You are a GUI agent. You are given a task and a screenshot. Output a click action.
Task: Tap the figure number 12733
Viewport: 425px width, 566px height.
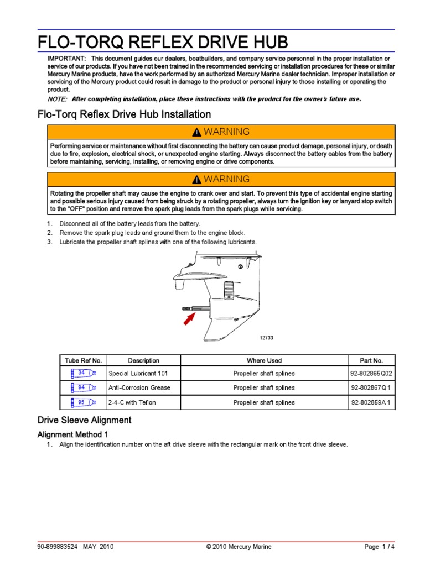pyautogui.click(x=267, y=338)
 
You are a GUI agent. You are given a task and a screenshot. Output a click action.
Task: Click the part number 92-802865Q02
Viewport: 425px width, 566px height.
pyautogui.click(x=371, y=373)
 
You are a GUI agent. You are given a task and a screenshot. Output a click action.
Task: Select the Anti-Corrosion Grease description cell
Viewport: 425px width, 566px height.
pyautogui.click(x=139, y=388)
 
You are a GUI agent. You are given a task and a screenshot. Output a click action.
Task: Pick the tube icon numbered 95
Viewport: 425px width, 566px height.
pyautogui.click(x=84, y=402)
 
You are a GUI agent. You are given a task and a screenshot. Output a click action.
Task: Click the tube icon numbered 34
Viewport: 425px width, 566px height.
pyautogui.click(x=84, y=373)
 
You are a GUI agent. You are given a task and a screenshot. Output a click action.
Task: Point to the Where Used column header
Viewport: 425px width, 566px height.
pyautogui.click(x=264, y=360)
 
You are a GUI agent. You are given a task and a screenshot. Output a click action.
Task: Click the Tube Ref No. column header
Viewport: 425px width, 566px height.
pyautogui.click(x=83, y=360)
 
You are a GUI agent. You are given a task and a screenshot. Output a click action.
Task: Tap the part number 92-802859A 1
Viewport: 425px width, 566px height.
pyautogui.click(x=371, y=403)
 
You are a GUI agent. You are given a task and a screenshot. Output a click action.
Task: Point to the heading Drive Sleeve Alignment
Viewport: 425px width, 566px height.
pyautogui.click(x=84, y=420)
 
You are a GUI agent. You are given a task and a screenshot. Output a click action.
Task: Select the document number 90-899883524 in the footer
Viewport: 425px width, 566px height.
pyautogui.click(x=58, y=547)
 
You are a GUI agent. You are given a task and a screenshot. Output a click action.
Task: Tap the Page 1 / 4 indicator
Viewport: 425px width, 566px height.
pyautogui.click(x=380, y=547)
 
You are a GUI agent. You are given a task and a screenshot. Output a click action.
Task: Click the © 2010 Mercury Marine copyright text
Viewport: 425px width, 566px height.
pyautogui.click(x=239, y=547)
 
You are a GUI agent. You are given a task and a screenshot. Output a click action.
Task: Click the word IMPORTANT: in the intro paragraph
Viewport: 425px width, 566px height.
pyautogui.click(x=66, y=59)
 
